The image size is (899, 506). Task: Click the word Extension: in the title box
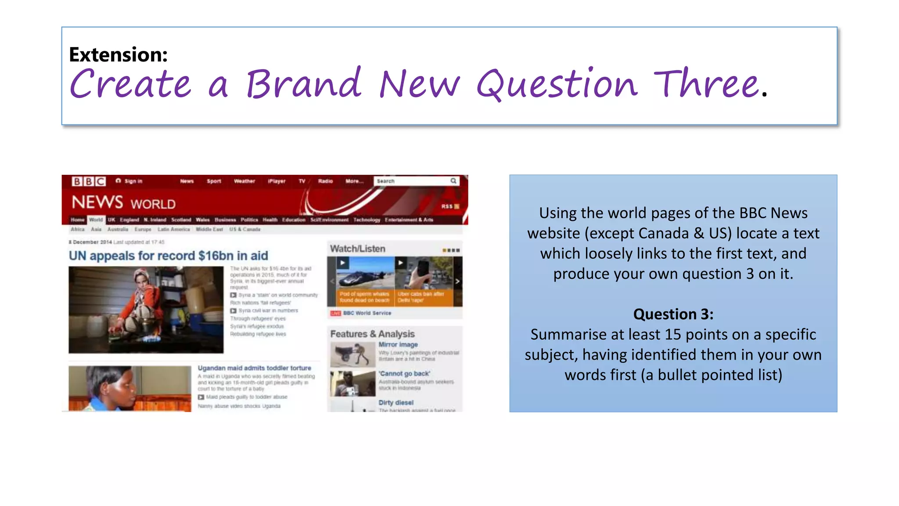click(x=118, y=54)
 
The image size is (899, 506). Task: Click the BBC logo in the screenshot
click(x=89, y=181)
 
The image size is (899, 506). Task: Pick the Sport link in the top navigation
click(x=214, y=181)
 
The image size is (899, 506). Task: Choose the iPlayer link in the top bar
click(x=277, y=181)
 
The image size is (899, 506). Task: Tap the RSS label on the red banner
click(x=447, y=206)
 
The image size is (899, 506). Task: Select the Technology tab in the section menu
click(x=367, y=220)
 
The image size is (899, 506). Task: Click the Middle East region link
click(x=209, y=229)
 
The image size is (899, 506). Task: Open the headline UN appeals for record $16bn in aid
click(x=168, y=256)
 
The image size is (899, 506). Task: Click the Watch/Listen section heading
click(x=357, y=249)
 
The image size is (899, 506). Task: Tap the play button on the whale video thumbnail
click(x=342, y=263)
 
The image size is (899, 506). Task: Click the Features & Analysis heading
click(x=372, y=334)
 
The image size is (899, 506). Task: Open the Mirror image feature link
click(x=398, y=345)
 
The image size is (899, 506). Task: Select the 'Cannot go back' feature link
click(x=404, y=373)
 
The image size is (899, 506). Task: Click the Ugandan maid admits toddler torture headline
click(x=254, y=368)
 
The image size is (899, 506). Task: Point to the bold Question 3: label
click(x=673, y=314)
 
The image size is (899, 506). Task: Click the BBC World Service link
click(x=367, y=313)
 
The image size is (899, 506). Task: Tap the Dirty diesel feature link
click(x=396, y=402)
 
